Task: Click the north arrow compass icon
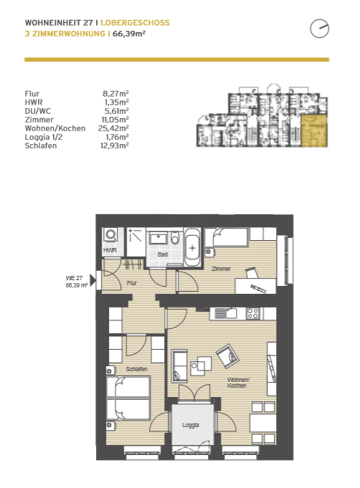pyautogui.click(x=320, y=29)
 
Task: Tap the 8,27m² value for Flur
pyautogui.click(x=115, y=93)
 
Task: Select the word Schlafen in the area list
pyautogui.click(x=41, y=145)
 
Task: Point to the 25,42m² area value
pyautogui.click(x=113, y=128)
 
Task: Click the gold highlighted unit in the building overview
pyautogui.click(x=314, y=130)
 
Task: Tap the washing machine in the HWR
pyautogui.click(x=110, y=234)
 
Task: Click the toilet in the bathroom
pyautogui.click(x=175, y=239)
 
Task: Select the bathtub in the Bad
pyautogui.click(x=192, y=247)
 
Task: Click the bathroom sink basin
pyautogui.click(x=158, y=238)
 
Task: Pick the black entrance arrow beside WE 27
pyautogui.click(x=93, y=280)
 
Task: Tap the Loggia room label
pyautogui.click(x=191, y=425)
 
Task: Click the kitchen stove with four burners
pyautogui.click(x=252, y=313)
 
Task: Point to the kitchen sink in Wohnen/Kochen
pyautogui.click(x=230, y=313)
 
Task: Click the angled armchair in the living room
pyautogui.click(x=228, y=356)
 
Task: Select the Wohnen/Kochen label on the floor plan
pyautogui.click(x=238, y=383)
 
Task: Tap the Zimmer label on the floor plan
pyautogui.click(x=221, y=269)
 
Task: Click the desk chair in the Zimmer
pyautogui.click(x=252, y=272)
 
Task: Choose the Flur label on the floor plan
pyautogui.click(x=132, y=283)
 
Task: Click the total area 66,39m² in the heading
pyautogui.click(x=129, y=34)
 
